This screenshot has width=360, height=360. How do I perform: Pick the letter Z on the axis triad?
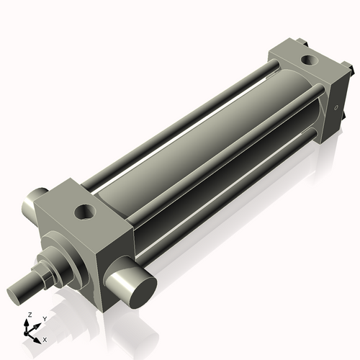(29, 315)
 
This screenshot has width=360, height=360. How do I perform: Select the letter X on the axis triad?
(45, 338)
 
